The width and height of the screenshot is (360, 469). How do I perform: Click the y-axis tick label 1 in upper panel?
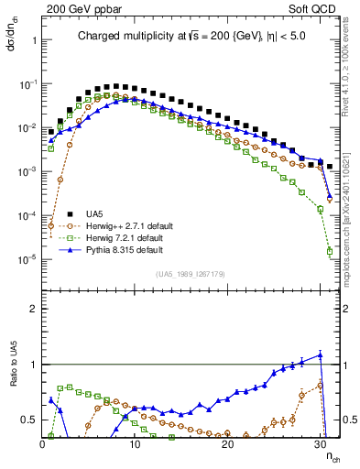point(32,40)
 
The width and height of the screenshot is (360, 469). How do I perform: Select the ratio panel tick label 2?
point(32,309)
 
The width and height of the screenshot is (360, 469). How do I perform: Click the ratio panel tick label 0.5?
point(27,420)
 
